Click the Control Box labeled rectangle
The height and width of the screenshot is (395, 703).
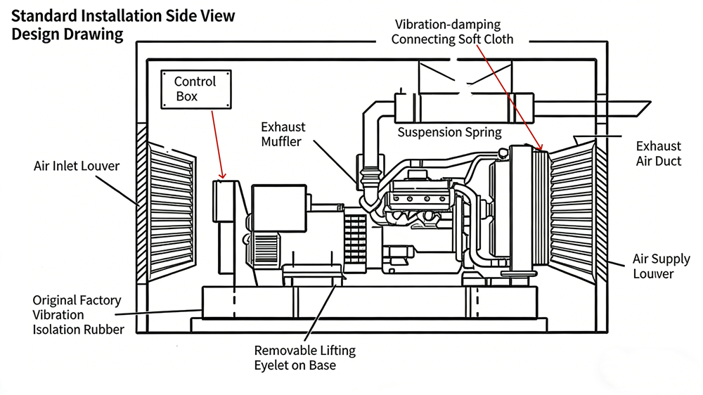(195, 89)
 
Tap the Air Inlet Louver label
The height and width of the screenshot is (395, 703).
(77, 167)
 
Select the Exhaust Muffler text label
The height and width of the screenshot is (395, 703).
(283, 134)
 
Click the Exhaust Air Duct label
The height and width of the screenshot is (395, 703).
(658, 153)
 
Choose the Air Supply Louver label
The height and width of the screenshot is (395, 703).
(661, 266)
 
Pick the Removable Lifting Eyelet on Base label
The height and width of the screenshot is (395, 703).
(304, 358)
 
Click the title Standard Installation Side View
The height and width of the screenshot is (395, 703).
(124, 15)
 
